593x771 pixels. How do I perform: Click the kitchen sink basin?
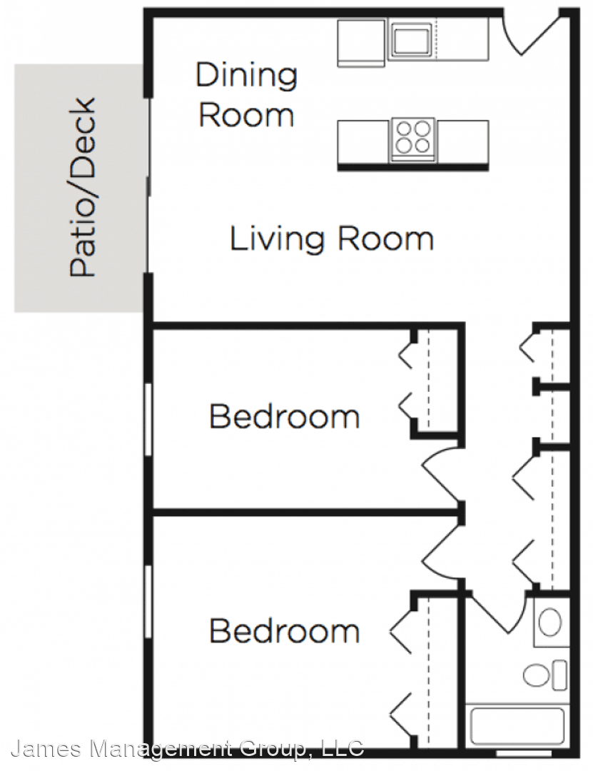click(x=411, y=40)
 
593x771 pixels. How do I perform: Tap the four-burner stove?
click(x=413, y=140)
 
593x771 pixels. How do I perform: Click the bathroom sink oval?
click(x=549, y=622)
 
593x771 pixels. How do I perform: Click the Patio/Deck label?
click(x=82, y=188)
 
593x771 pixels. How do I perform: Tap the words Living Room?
click(x=332, y=239)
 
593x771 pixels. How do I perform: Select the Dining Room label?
click(x=246, y=95)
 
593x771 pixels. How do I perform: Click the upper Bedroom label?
click(x=285, y=416)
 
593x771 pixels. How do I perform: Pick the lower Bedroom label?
click(x=285, y=630)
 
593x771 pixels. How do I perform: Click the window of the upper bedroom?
click(x=148, y=420)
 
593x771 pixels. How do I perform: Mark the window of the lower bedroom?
click(x=148, y=602)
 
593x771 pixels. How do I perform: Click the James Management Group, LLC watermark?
click(x=188, y=749)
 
